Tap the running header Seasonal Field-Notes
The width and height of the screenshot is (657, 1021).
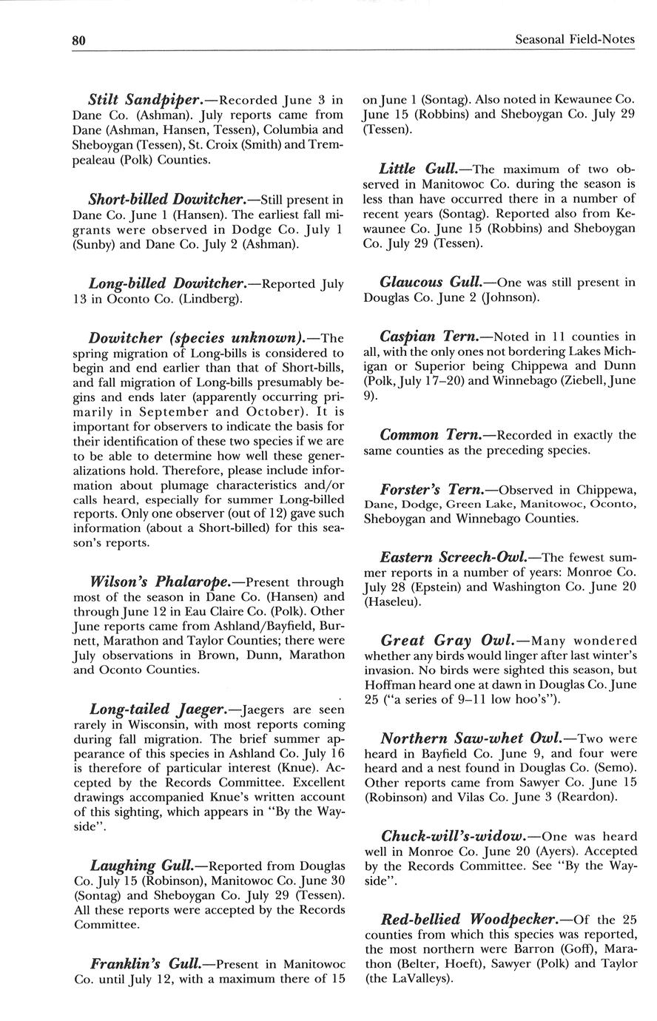[575, 40]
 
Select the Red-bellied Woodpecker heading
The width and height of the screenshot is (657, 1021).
[469, 920]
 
